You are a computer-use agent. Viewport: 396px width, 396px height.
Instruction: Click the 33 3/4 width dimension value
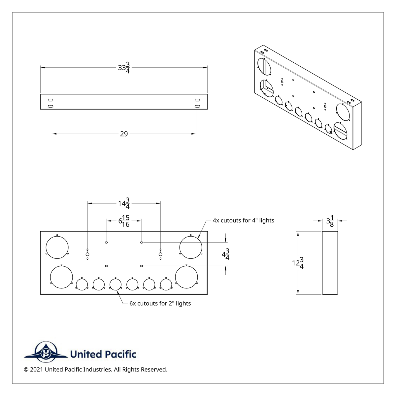(124, 68)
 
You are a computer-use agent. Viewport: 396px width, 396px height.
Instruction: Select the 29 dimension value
(124, 134)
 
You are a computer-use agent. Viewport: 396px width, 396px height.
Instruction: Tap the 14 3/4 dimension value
(124, 204)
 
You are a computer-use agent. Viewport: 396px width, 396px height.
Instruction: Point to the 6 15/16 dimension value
(124, 221)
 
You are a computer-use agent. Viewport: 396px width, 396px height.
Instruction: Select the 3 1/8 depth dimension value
(330, 221)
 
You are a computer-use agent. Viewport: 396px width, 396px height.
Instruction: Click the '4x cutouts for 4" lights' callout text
(243, 220)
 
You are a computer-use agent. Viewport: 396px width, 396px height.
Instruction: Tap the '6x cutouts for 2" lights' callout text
(160, 303)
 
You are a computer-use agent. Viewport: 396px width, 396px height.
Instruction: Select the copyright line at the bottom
(96, 369)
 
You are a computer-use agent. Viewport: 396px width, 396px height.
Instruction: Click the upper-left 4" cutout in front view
(57, 247)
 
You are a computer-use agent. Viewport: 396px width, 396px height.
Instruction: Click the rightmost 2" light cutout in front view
(166, 284)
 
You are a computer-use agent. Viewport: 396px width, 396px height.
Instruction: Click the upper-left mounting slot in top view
(51, 100)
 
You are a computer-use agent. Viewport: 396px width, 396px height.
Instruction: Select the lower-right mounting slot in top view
(197, 106)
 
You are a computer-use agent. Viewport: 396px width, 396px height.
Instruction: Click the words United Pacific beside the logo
(103, 354)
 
